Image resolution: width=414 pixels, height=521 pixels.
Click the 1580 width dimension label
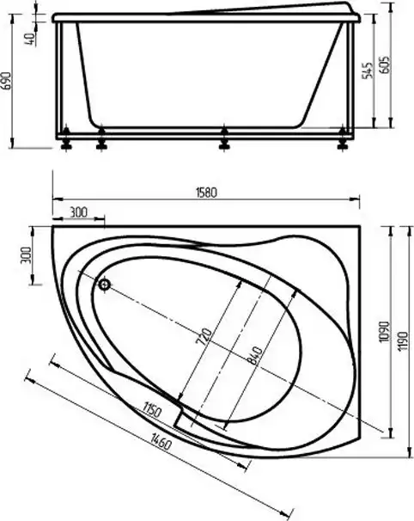click(x=206, y=193)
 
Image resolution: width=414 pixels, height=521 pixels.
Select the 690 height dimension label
click(x=7, y=81)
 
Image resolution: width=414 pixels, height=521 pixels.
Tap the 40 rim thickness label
click(x=30, y=39)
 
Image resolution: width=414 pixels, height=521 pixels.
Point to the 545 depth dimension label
click(x=367, y=70)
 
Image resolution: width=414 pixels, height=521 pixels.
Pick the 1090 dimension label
click(x=384, y=331)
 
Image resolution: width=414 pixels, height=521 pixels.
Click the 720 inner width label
click(x=205, y=336)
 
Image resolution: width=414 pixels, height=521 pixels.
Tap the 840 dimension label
click(x=256, y=355)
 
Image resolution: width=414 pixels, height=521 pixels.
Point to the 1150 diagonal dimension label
click(x=152, y=410)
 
